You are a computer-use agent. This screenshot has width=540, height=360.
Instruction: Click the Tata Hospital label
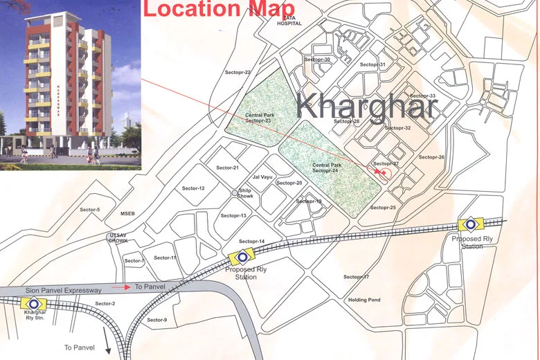click(289, 19)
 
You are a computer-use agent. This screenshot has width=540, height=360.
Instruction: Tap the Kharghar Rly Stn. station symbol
click(30, 303)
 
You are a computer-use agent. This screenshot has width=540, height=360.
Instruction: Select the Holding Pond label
click(364, 300)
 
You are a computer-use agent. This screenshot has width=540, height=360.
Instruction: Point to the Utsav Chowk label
click(117, 239)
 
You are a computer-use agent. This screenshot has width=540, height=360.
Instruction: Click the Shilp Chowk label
click(246, 193)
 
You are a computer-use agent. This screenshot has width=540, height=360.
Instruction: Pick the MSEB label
click(129, 213)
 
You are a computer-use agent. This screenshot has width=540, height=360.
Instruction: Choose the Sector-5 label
click(90, 210)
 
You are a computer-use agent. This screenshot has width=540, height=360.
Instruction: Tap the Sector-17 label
click(356, 277)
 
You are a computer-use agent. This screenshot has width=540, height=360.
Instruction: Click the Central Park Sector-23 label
click(258, 118)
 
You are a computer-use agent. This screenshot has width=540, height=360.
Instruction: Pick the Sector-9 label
click(156, 320)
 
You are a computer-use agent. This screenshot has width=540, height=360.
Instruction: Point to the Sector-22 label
click(238, 72)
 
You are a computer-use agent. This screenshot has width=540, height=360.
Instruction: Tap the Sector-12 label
click(193, 188)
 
